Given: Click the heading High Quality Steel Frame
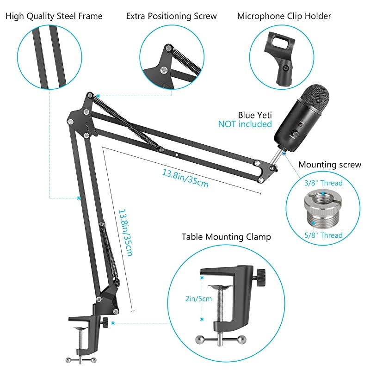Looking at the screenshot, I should (x=54, y=16).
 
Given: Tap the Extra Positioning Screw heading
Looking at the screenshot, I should (x=171, y=16).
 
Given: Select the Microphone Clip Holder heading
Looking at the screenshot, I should (x=284, y=16).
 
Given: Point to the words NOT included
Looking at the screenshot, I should (x=245, y=124).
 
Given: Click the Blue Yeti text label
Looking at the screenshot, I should (x=255, y=115).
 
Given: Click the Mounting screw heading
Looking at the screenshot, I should (x=330, y=165).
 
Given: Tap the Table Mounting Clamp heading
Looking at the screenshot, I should (x=226, y=237).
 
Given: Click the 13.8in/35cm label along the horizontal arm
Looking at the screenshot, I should (x=185, y=178).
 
